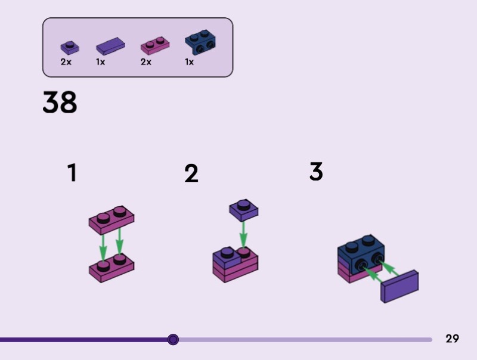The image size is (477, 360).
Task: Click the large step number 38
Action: pos(60,102)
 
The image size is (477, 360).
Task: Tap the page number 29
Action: pos(452,339)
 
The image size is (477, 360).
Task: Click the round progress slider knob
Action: pos(173,339)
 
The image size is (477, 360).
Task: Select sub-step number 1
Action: pos(72,173)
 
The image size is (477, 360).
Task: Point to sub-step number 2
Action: pos(191,173)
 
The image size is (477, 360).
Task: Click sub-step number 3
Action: pos(316,171)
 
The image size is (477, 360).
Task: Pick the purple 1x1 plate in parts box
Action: pos(70,48)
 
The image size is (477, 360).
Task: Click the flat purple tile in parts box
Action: pos(110,46)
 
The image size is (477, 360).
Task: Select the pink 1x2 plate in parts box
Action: pos(155,46)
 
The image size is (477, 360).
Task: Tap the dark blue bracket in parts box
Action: pos(200,42)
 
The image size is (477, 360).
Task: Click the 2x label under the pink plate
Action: pos(146,62)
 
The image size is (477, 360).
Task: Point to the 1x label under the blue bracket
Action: pos(189,62)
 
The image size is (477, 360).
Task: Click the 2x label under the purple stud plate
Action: pos(66,62)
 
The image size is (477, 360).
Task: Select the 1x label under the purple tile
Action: pos(100,62)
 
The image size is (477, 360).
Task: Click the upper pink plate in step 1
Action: pos(111,220)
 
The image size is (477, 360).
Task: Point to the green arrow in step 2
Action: pos(243,235)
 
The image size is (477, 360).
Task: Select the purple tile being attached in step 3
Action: pos(399,287)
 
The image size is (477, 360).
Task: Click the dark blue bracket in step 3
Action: pos(361,255)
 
